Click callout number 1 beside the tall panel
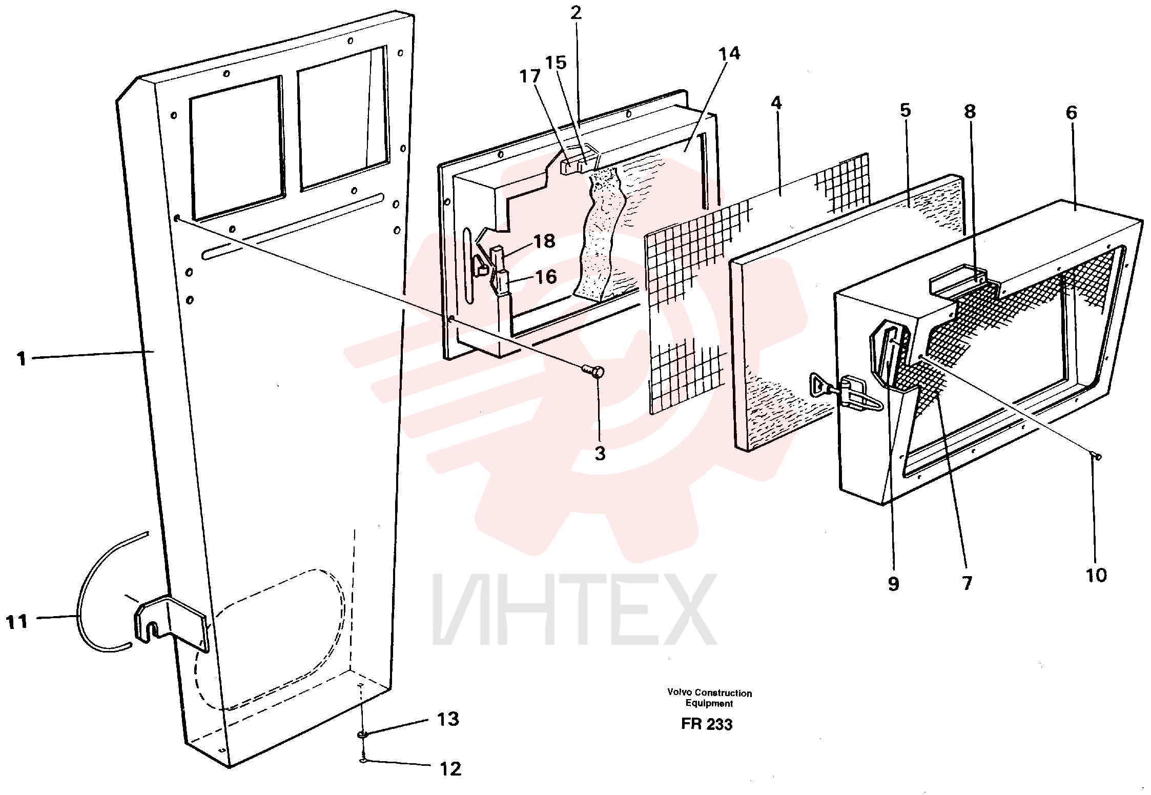click(21, 358)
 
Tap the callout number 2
click(577, 13)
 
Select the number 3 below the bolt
click(600, 453)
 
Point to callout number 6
click(1072, 113)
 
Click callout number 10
click(1096, 575)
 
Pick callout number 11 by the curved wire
click(16, 622)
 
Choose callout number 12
click(450, 769)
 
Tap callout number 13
click(448, 719)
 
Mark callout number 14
click(729, 53)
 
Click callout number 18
click(544, 241)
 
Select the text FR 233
click(707, 724)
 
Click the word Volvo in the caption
click(680, 693)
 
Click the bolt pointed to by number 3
click(594, 371)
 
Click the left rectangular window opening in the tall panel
click(236, 148)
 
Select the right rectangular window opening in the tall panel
click(342, 119)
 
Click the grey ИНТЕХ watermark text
click(574, 610)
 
